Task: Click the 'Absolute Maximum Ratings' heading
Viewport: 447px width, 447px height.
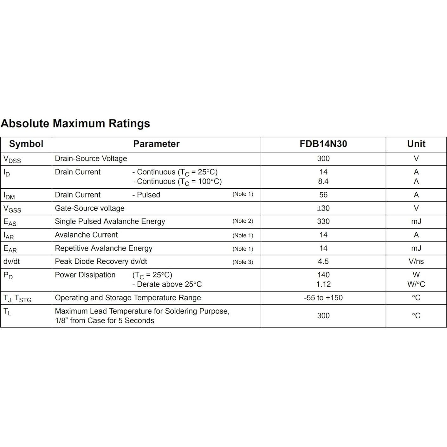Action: pos(75,123)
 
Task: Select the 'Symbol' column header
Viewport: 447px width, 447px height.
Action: pos(26,144)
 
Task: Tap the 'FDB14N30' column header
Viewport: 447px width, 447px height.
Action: pos(323,144)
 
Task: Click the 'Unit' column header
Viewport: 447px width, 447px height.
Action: pos(416,144)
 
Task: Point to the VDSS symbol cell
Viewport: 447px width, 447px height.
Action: pos(12,159)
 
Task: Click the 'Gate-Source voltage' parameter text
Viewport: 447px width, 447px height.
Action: pos(89,208)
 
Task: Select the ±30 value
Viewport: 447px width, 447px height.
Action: pos(323,208)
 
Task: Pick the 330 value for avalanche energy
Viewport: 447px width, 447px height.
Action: pos(323,221)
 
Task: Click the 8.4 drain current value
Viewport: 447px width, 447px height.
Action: pos(323,181)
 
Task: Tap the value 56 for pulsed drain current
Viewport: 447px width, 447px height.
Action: pos(323,195)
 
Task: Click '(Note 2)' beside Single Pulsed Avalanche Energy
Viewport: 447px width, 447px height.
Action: pos(243,221)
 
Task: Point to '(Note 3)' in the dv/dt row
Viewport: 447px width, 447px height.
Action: pos(243,262)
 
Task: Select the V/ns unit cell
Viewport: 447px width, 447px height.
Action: pos(416,262)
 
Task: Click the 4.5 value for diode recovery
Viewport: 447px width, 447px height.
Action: pos(323,262)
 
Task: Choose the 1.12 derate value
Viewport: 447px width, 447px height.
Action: pos(323,284)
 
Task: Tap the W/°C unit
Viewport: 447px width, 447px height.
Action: pos(416,284)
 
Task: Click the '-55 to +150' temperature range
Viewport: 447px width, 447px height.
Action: pos(323,298)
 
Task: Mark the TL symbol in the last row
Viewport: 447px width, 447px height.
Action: pos(7,312)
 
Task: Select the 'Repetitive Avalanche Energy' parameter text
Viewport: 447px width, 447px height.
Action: pos(103,248)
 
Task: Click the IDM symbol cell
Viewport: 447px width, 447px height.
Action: pos(9,196)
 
